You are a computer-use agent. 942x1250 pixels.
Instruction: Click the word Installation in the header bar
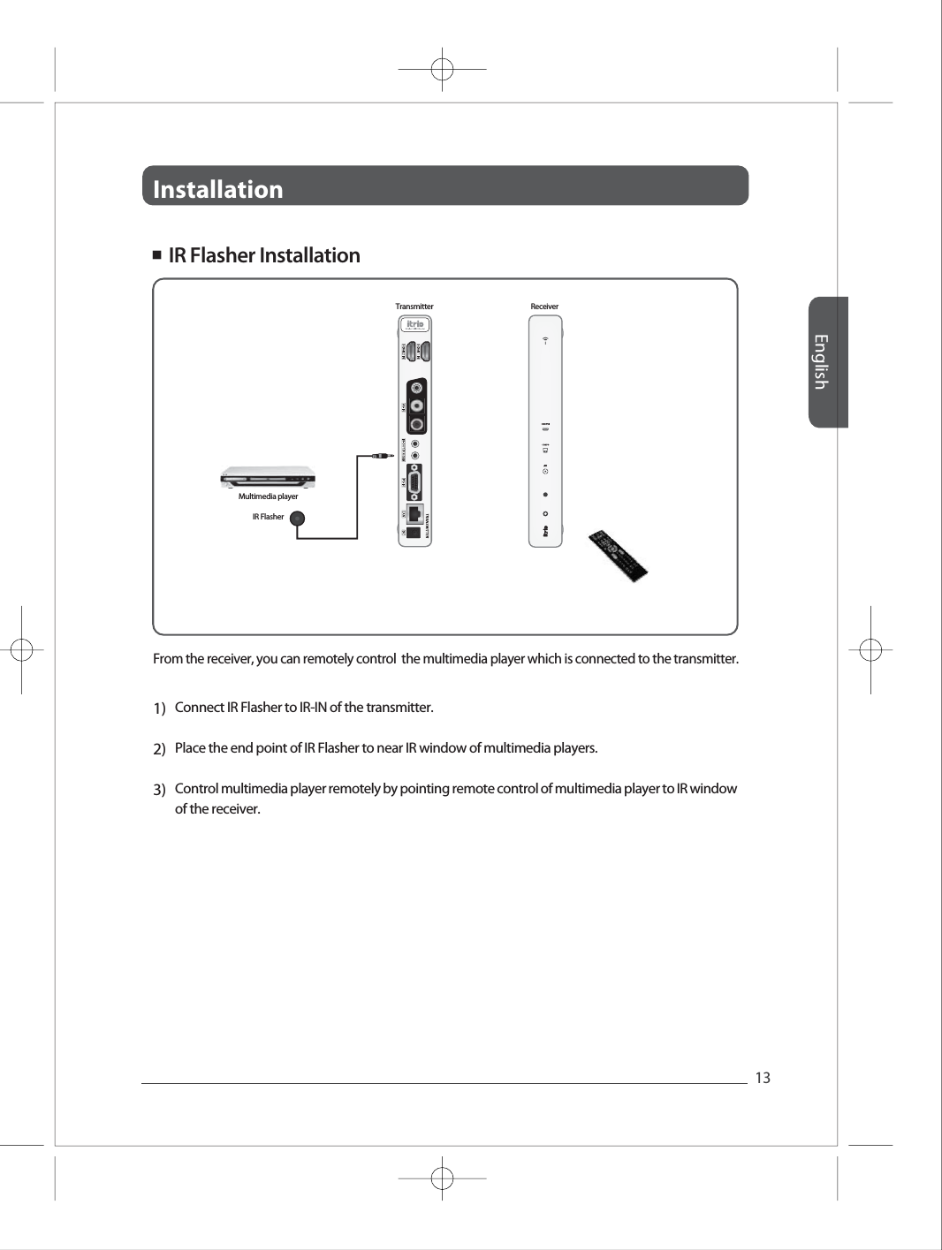click(x=218, y=189)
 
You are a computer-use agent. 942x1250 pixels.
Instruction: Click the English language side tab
click(x=821, y=362)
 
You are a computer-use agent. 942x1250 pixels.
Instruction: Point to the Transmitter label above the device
click(x=414, y=307)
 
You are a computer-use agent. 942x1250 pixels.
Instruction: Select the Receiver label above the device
click(x=544, y=307)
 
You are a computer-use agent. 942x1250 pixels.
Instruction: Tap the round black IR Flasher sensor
click(x=299, y=520)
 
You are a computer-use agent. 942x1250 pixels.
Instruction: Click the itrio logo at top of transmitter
click(x=414, y=324)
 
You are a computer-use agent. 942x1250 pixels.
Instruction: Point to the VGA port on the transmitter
click(x=414, y=481)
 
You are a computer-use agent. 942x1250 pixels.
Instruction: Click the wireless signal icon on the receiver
click(x=545, y=339)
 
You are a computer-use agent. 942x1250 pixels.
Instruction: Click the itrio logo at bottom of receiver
click(x=545, y=533)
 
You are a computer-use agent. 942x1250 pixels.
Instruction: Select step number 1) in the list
click(x=160, y=708)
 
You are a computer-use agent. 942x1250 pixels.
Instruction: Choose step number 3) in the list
click(x=160, y=789)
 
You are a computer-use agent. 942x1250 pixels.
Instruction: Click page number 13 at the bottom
click(x=763, y=1078)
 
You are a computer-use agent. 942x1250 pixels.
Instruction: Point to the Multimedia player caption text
click(x=268, y=496)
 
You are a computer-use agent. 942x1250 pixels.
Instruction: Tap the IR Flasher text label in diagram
click(x=268, y=517)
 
